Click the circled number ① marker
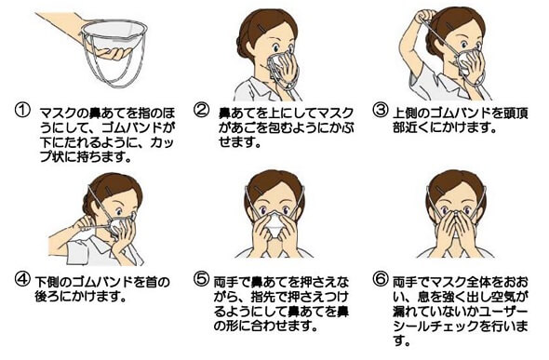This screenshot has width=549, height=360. pos(22,111)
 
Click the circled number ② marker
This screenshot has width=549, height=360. pos(201,111)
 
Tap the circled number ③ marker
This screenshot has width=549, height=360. pos(380,111)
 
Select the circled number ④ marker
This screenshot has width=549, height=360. pos(22,279)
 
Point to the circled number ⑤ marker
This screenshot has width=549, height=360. pos(201,279)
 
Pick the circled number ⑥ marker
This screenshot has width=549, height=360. pos(380,279)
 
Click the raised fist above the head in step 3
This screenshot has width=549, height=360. pos(424,16)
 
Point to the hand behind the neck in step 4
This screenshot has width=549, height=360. pos(84,221)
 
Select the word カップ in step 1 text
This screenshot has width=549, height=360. pos(162,142)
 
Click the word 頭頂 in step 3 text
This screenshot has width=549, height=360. pos(515,113)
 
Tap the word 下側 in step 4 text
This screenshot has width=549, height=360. pos(48,282)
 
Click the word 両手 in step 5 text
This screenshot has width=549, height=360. pos(226,282)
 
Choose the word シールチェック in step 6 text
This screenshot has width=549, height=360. pos(435,327)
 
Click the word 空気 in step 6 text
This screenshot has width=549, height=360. pos(508,297)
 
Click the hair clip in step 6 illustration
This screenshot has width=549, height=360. pos(439,191)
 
